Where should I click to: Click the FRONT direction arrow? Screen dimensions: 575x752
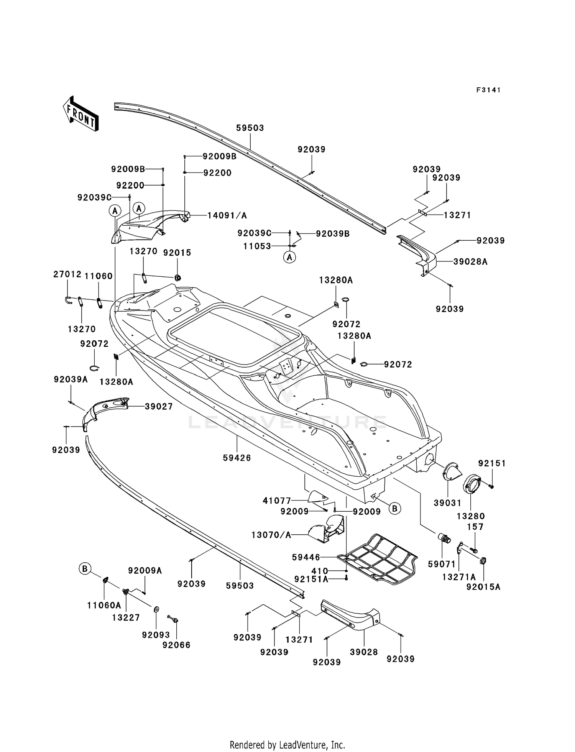pos(80,114)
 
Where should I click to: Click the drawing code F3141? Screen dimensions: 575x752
pos(488,90)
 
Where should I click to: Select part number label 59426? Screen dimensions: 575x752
pos(237,458)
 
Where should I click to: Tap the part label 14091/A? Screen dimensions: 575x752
pos(227,215)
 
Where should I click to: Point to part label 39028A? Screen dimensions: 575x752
pos(470,262)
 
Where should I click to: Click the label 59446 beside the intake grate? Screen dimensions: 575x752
pos(306,557)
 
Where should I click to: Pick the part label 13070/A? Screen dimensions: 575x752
pos(271,535)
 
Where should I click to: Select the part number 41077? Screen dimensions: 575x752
pos(277,501)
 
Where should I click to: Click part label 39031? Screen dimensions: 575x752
pos(447,503)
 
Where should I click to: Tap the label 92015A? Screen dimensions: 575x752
pos(483,587)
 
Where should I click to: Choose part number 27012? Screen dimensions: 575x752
pos(67,274)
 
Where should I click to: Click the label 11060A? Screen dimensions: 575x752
pos(104,605)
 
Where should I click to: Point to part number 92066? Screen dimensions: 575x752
pos(176,645)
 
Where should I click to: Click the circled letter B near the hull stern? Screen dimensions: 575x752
pos(395,509)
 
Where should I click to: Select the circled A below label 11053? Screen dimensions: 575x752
pos(290,257)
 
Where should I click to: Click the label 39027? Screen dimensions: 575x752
pos(159,406)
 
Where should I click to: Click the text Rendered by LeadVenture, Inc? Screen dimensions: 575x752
pos(287,744)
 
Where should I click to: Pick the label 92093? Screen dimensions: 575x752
pos(156,635)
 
